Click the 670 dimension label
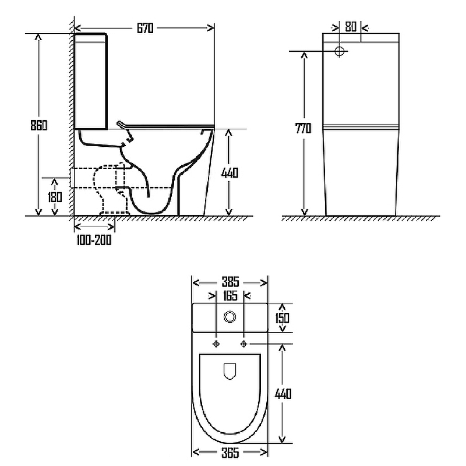(x=145, y=28)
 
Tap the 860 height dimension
(x=38, y=125)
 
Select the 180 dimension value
(x=55, y=197)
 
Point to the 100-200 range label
(x=94, y=240)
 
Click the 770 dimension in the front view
(x=303, y=128)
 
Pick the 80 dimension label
(x=351, y=27)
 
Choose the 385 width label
(x=230, y=281)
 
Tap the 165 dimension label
(x=230, y=296)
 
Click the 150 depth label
(x=282, y=317)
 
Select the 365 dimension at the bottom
(x=230, y=453)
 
